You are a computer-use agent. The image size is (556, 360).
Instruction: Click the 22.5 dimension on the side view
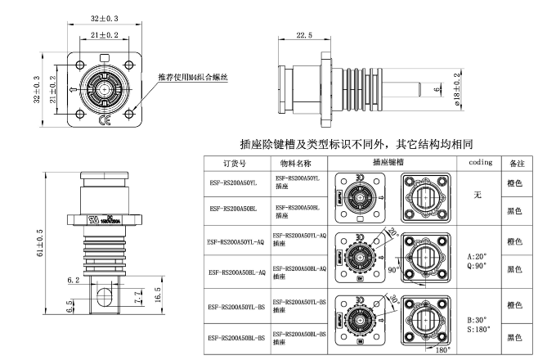tap(304, 36)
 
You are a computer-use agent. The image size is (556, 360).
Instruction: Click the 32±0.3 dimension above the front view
tap(105, 17)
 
